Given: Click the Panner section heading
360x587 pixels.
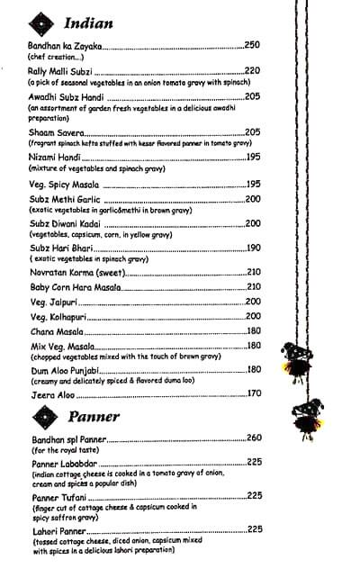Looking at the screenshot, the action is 94,417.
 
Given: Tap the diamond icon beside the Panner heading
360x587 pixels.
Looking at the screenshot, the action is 42,415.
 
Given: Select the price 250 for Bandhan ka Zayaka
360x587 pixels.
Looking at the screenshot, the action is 252,45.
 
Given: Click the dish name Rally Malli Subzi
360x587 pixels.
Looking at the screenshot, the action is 60,71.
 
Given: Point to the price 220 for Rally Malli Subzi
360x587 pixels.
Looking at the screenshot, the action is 252,71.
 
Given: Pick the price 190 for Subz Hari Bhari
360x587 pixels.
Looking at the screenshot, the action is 253,248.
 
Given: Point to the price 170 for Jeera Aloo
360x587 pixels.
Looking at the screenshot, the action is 254,393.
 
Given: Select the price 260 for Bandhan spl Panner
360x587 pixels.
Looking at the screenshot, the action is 254,438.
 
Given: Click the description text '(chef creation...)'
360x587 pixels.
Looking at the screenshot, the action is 55,57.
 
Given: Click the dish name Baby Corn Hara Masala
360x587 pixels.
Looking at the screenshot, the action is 75,287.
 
